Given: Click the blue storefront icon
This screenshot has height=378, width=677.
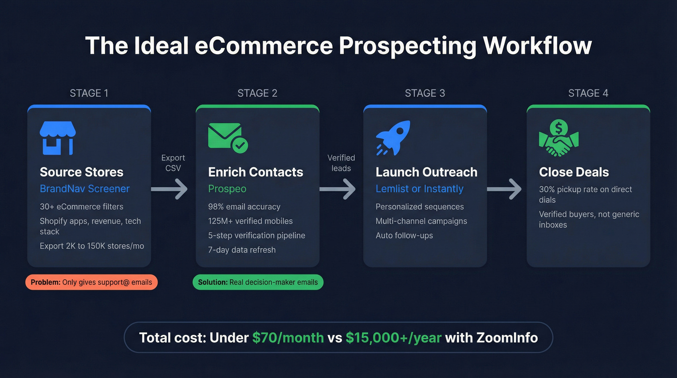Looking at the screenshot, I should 58,138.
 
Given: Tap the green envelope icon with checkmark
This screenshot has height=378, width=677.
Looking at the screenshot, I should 227,138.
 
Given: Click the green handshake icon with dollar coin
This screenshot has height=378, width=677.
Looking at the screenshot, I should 559,138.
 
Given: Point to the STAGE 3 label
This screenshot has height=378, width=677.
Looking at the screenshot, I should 425,93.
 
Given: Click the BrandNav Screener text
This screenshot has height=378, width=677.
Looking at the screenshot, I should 85,189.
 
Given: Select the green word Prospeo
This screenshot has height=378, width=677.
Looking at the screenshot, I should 227,189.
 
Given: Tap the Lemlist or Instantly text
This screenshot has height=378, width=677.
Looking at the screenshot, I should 419,189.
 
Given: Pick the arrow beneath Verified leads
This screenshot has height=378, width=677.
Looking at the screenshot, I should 338,189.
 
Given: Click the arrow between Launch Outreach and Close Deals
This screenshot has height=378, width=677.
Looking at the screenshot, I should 504,189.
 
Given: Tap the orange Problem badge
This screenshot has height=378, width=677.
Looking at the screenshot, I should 91,282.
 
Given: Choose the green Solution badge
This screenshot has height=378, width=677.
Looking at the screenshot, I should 258,282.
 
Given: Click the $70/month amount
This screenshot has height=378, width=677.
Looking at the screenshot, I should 288,337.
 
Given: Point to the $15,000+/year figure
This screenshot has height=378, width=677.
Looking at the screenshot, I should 393,337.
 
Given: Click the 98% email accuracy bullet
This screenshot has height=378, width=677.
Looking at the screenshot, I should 244,207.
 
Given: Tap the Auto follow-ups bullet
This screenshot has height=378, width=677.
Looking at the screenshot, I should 404,236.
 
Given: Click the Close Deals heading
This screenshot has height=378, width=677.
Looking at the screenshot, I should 574,172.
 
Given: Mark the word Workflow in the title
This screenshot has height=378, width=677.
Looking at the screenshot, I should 537,46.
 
